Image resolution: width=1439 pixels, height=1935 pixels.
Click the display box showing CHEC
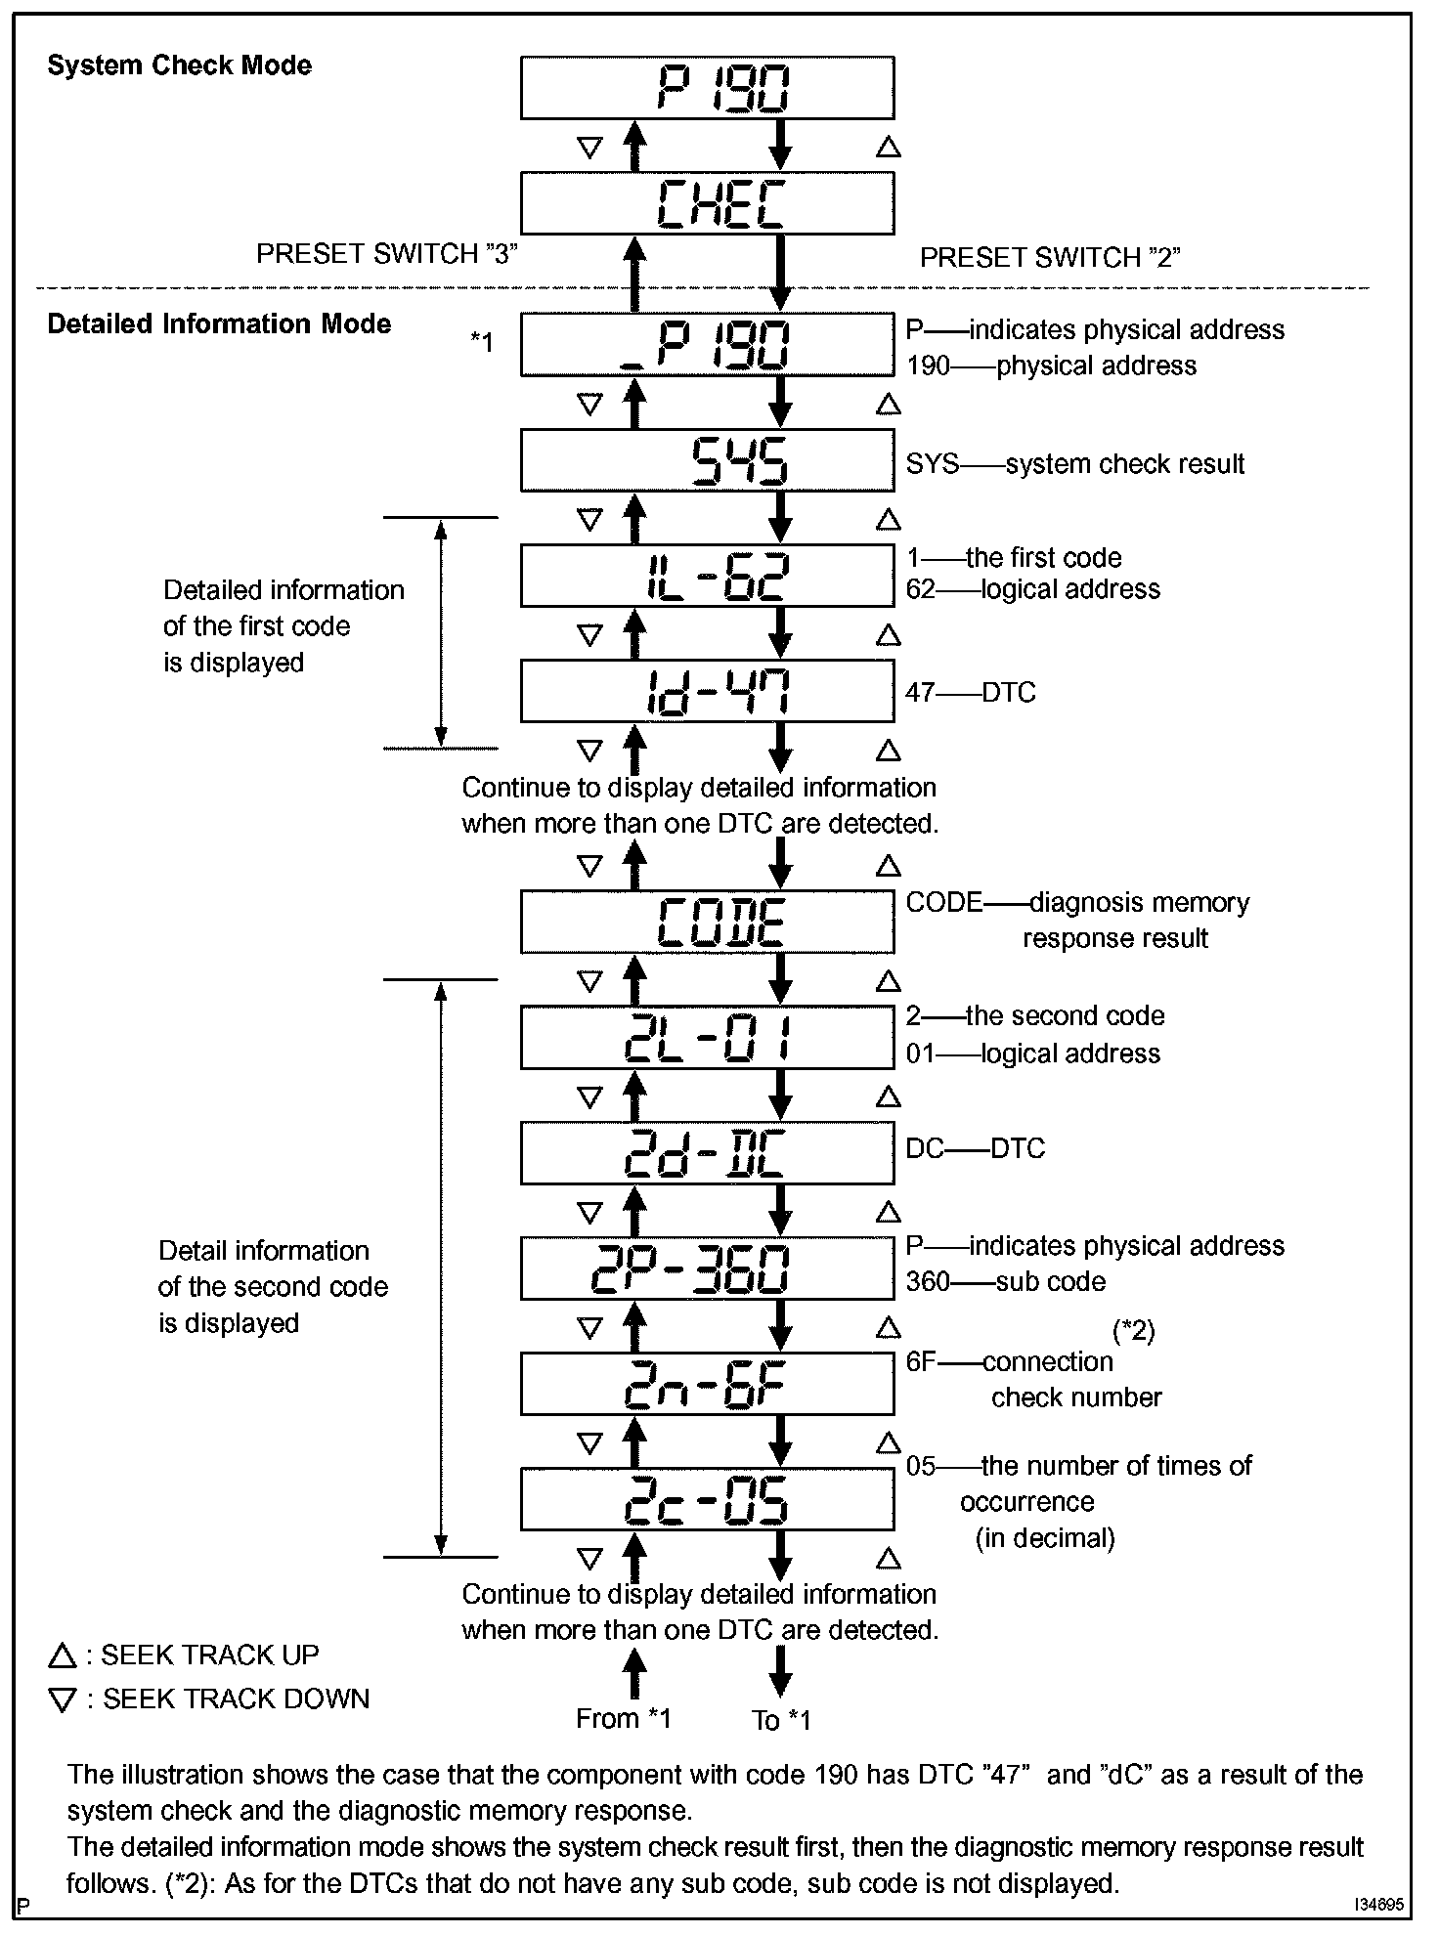pos(707,204)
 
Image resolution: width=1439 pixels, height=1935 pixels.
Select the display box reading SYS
pos(707,460)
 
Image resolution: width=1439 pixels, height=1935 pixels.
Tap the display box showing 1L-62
pos(707,576)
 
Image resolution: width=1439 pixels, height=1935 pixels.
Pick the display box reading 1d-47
pos(707,691)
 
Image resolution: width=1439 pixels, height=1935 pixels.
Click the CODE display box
pos(707,922)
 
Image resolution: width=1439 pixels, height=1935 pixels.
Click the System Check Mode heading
pos(180,65)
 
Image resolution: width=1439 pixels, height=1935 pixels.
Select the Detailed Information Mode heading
pos(219,323)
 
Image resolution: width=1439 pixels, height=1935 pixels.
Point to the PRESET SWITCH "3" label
pos(386,254)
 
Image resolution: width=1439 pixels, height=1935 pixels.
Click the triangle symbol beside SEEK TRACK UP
pos(62,1655)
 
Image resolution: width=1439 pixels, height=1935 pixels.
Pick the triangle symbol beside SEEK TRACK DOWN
pos(62,1700)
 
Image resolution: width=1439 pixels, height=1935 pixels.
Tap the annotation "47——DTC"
pos(971,693)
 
